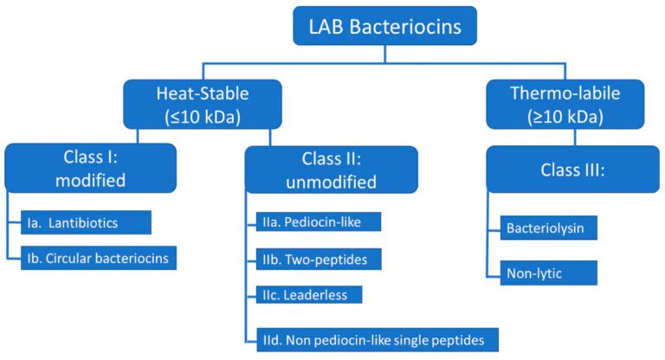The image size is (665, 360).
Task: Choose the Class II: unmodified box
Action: point(331,169)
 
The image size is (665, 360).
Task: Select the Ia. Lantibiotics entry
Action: point(85,222)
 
